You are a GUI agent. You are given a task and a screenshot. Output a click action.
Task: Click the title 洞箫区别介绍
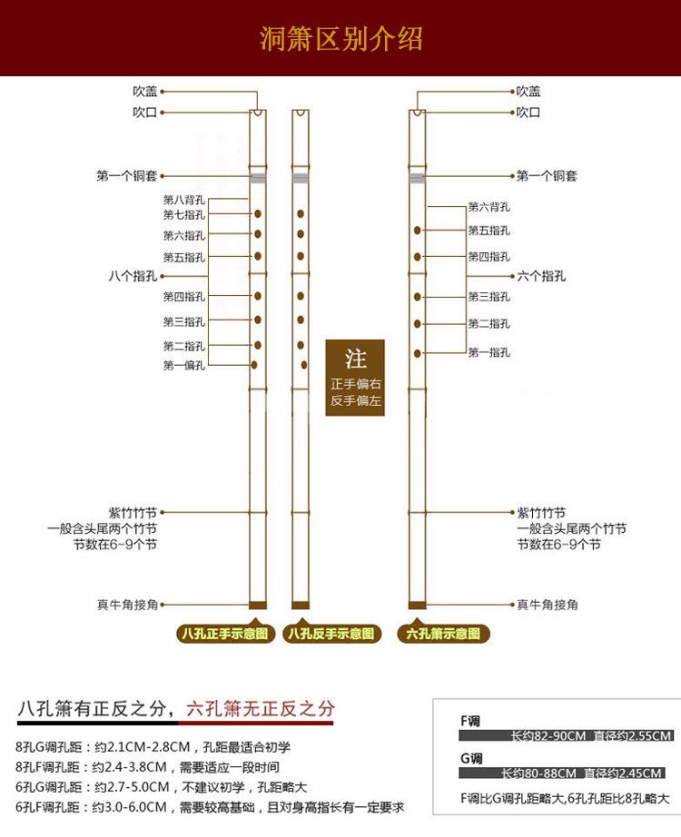coord(340,40)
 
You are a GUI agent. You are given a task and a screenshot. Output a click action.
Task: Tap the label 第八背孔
coord(184,199)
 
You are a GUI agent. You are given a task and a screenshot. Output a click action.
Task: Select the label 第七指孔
coord(184,215)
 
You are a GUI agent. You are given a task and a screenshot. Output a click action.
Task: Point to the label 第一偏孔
coord(184,365)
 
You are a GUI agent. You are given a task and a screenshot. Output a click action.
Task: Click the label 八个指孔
coord(133,276)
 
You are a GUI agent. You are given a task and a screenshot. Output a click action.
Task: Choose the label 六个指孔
coord(541,276)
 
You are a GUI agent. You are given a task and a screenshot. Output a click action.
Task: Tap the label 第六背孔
coord(489,207)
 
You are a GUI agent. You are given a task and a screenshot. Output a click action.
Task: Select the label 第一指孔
coord(489,352)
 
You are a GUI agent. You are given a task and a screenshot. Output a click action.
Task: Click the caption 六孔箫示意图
coord(443,634)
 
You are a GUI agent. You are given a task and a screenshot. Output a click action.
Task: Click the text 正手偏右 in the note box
coord(355,384)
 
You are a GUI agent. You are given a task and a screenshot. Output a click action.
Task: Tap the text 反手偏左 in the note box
coord(355,400)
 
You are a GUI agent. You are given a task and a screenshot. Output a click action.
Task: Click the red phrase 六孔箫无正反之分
coord(261,709)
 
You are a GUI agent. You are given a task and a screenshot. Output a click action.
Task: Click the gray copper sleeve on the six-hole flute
coord(418,178)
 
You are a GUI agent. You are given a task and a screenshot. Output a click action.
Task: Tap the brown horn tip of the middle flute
coord(300,605)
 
